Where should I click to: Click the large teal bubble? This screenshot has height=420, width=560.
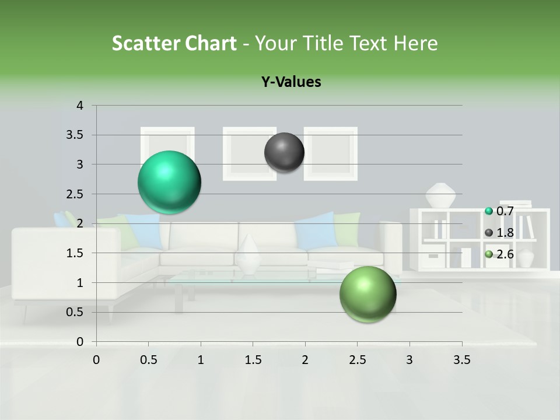[169, 182]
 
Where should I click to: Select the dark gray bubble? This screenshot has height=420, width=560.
[284, 152]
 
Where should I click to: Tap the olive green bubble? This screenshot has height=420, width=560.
[367, 294]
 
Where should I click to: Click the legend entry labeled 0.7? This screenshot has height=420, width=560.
[499, 211]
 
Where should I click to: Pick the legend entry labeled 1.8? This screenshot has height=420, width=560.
[499, 233]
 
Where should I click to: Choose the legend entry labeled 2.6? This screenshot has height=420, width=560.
[499, 254]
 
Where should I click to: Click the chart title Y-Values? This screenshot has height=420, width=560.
[291, 82]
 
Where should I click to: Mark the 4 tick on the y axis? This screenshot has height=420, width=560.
[80, 106]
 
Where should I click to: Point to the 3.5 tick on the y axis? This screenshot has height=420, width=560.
[76, 135]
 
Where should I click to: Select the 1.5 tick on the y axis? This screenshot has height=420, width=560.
[76, 253]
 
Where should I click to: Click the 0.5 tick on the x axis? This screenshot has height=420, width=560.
[149, 360]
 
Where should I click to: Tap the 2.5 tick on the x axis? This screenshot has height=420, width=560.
[357, 360]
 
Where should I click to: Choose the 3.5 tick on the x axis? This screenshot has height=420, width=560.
[461, 360]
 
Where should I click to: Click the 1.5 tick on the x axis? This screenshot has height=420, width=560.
[253, 360]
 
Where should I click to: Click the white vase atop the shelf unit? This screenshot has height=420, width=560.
[440, 195]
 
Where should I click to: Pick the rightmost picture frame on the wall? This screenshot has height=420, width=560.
[331, 153]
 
